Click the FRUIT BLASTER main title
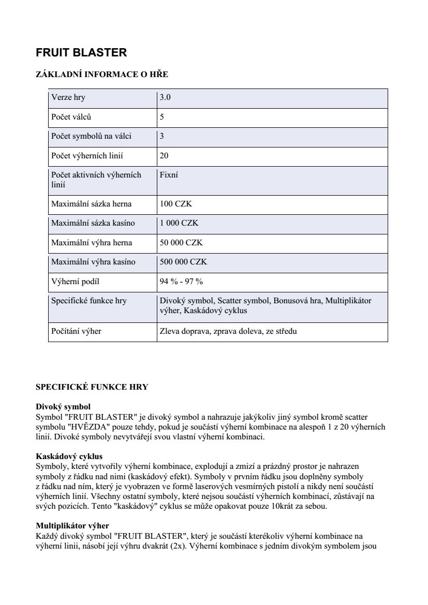coord(81,53)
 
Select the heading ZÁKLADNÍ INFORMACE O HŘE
coord(102,75)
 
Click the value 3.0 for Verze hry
coord(165,97)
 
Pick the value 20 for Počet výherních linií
coord(164,156)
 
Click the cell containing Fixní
coord(169,175)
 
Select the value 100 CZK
coord(176,204)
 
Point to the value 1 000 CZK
coord(179,224)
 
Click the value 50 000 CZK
coord(182,243)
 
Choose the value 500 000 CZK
coord(184,262)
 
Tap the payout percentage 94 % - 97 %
coord(181,282)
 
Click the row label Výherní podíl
coord(75,282)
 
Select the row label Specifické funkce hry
coord(88,301)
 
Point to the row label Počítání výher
coord(76,331)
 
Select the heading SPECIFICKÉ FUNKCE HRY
coord(92,387)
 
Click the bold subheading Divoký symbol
coord(63,407)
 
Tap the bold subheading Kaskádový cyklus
coord(69,456)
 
